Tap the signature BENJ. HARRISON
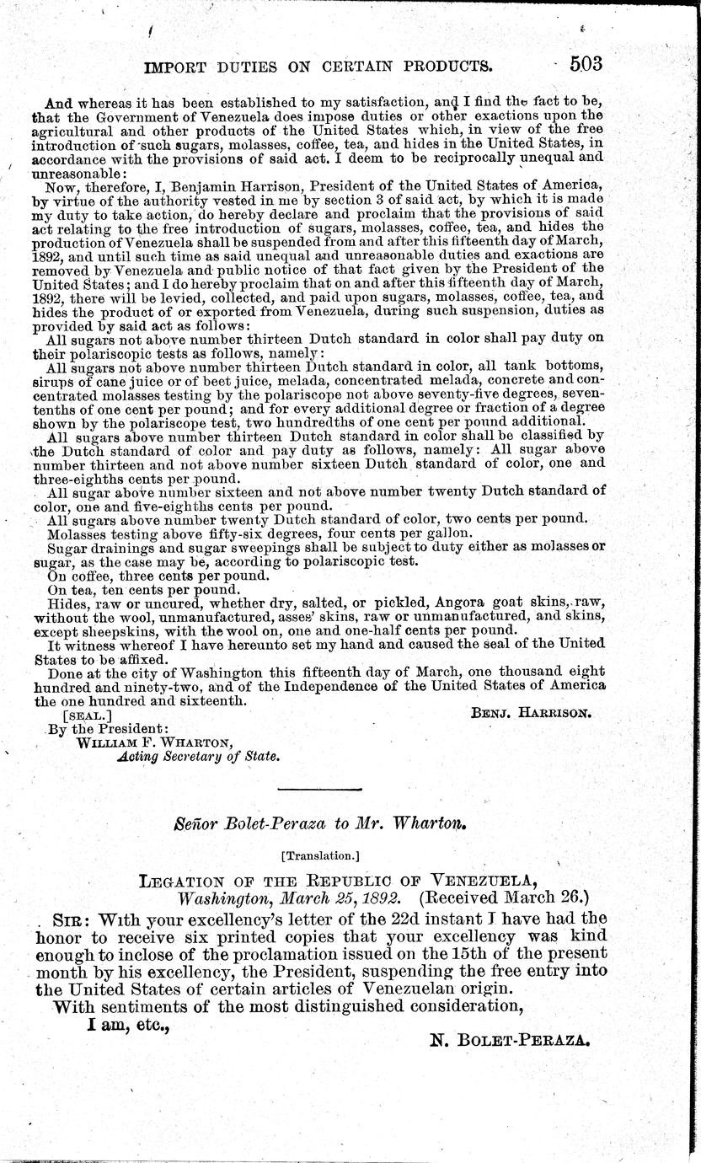pos(531,711)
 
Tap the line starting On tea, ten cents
pos(144,590)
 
